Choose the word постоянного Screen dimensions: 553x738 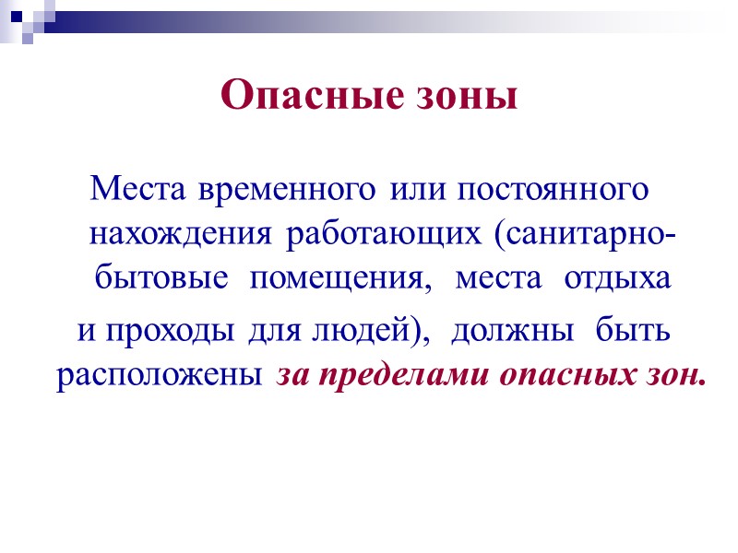point(543,191)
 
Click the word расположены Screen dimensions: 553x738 point(162,376)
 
